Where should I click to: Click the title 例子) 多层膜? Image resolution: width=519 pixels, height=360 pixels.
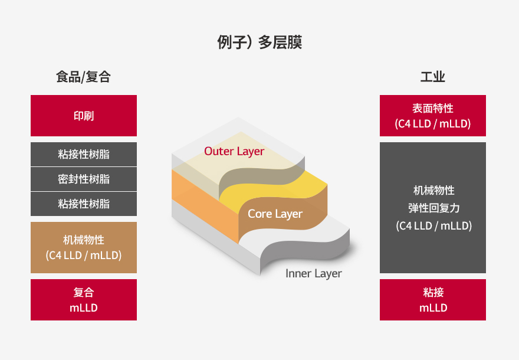pyautogui.click(x=259, y=42)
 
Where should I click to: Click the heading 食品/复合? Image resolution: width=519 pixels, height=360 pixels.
pyautogui.click(x=83, y=77)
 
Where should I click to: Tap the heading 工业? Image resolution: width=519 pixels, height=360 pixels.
pyautogui.click(x=433, y=77)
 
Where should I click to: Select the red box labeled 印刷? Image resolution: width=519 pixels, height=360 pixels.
pyautogui.click(x=84, y=116)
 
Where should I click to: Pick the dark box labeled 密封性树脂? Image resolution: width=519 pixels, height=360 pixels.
pyautogui.click(x=84, y=179)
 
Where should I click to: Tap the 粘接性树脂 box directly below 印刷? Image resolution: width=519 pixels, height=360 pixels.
pyautogui.click(x=84, y=155)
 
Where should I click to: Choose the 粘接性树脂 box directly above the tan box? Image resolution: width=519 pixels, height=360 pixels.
pyautogui.click(x=84, y=204)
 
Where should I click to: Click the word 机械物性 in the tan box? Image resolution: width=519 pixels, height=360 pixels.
pyautogui.click(x=84, y=240)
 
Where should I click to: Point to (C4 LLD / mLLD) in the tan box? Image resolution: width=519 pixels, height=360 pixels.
pyautogui.click(x=84, y=256)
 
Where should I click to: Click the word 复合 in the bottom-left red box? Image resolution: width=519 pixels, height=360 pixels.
pyautogui.click(x=84, y=293)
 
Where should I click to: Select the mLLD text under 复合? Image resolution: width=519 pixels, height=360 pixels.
pyautogui.click(x=84, y=308)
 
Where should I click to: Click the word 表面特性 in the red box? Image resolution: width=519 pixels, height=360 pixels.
pyautogui.click(x=433, y=109)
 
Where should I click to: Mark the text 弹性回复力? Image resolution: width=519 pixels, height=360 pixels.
pyautogui.click(x=434, y=208)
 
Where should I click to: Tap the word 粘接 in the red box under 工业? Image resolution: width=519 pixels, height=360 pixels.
pyautogui.click(x=433, y=293)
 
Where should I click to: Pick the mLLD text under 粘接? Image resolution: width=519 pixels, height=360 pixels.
pyautogui.click(x=433, y=308)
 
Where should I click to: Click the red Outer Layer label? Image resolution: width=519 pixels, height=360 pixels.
pyautogui.click(x=234, y=151)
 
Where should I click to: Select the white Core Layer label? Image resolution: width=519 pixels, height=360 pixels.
pyautogui.click(x=275, y=214)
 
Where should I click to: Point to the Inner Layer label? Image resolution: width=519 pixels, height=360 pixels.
pyautogui.click(x=313, y=274)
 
